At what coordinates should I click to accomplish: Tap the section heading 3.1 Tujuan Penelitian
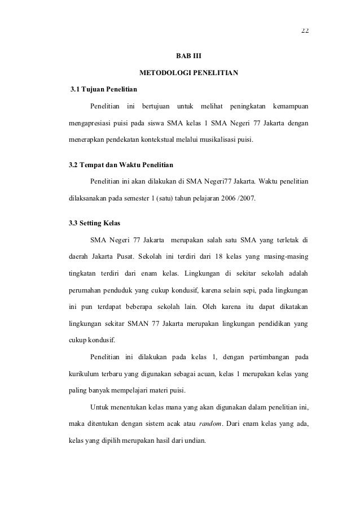[x=103, y=90]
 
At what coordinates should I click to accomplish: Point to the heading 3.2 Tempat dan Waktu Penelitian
[x=121, y=165]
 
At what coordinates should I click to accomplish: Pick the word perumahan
[x=87, y=291]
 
